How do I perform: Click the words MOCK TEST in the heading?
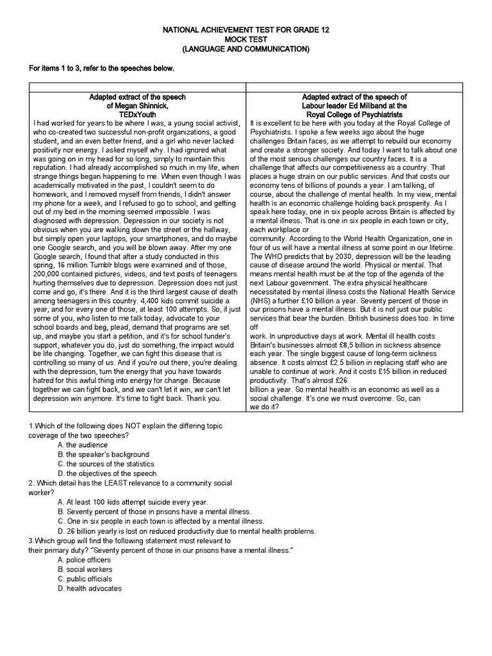(245, 39)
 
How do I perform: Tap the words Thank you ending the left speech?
(204, 397)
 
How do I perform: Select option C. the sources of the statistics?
(106, 463)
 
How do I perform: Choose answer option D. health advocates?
(89, 588)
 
